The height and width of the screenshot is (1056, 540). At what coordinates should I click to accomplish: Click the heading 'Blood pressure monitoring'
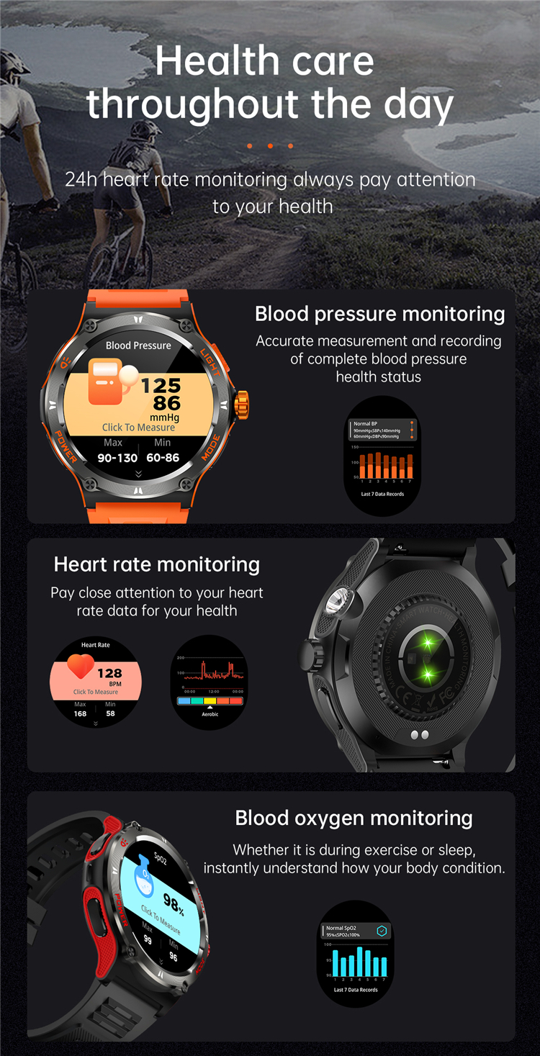[379, 314]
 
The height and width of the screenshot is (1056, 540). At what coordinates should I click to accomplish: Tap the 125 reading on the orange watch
[161, 386]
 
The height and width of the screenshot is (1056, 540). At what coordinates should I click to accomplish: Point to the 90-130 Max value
[117, 458]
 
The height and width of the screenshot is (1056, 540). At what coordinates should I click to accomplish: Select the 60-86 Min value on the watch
[163, 458]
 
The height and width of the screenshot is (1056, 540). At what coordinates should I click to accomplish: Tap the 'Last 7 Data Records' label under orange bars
[382, 495]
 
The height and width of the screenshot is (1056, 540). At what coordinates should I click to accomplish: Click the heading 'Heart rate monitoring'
[156, 564]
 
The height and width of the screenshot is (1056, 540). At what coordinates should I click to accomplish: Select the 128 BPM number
[109, 674]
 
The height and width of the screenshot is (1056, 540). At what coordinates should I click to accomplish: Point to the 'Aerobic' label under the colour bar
[210, 714]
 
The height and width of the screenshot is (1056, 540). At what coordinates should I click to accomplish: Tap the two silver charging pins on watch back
[419, 734]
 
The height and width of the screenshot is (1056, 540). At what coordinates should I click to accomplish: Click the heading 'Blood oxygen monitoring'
[354, 818]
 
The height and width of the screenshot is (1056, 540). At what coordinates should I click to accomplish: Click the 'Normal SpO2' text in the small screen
[341, 929]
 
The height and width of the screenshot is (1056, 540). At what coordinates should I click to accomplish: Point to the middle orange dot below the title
[270, 146]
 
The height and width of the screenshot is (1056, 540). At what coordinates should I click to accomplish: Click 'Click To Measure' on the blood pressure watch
[138, 428]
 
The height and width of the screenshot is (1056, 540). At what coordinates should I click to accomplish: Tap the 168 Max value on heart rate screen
[80, 714]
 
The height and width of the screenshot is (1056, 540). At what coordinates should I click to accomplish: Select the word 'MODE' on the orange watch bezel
[211, 448]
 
